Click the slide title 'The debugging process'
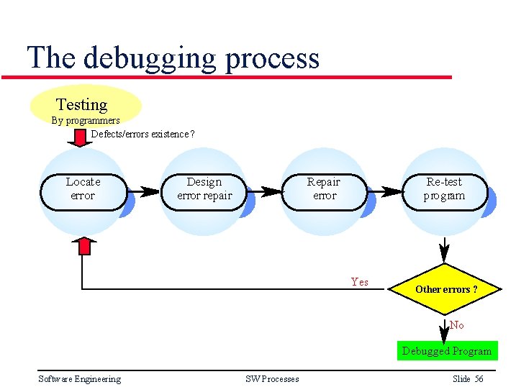(x=173, y=58)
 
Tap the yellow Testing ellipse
(x=85, y=105)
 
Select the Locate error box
(x=83, y=189)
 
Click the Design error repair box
(x=204, y=189)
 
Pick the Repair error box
(x=324, y=189)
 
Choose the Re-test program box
(x=445, y=189)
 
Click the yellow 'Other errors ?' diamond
(x=445, y=289)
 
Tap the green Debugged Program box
(x=446, y=351)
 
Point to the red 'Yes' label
(x=359, y=282)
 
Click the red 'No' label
(x=456, y=325)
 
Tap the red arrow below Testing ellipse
(x=84, y=137)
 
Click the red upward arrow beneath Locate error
(x=84, y=245)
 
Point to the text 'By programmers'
(x=85, y=121)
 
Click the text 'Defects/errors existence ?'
(x=142, y=134)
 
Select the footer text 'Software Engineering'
(x=79, y=379)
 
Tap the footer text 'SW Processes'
(x=272, y=379)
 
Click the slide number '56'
(x=479, y=379)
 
